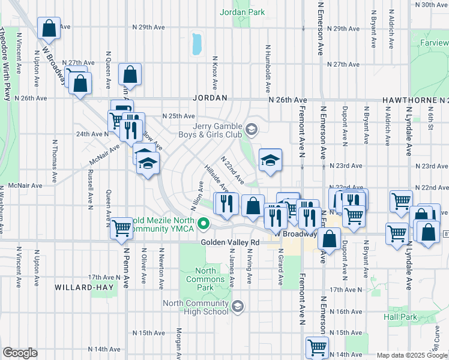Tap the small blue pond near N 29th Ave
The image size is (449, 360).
pos(196,43)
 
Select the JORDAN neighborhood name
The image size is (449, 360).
pos(209,97)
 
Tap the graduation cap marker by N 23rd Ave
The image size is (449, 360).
pos(270,160)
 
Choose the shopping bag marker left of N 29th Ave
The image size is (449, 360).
pos(49,28)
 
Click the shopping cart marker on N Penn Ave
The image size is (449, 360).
pos(122,228)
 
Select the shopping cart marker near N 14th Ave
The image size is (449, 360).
pos(316,347)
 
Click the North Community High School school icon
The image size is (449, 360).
pos(238,307)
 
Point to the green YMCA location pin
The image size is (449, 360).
pos(203,225)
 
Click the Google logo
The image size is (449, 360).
pos(20,353)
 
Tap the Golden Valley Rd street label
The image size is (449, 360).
pos(229,242)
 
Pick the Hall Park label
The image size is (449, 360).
pos(399,316)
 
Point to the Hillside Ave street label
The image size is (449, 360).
pos(217,178)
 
